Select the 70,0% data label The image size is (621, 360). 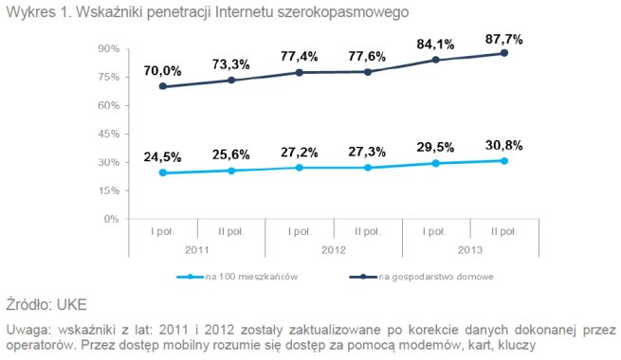click(161, 69)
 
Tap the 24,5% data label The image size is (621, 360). click(161, 155)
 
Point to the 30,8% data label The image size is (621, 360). click(504, 145)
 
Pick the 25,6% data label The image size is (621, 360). click(230, 153)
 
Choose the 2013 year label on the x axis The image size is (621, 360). click(470, 248)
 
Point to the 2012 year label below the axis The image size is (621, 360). click(333, 248)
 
